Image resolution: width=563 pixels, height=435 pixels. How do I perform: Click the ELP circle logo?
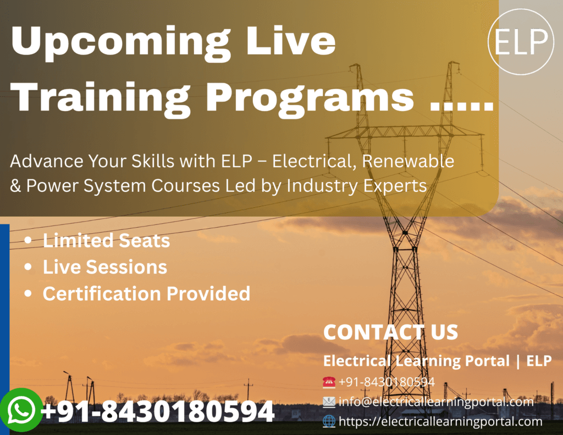coord(520,41)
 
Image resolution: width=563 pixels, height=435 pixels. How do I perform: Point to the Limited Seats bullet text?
coord(106,240)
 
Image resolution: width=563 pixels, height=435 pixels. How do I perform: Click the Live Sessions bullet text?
coord(105,267)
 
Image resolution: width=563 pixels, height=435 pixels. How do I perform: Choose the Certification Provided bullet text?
coord(146,294)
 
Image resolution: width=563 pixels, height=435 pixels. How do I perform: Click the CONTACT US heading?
coord(391,332)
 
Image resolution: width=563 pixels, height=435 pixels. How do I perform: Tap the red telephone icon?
coord(329,382)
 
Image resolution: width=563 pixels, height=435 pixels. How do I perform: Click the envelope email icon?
coord(329,401)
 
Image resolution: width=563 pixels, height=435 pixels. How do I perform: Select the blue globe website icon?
coord(329,421)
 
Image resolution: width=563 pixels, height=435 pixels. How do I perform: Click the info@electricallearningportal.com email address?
coord(436,401)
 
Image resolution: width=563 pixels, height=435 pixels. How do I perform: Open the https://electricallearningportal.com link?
coord(440,421)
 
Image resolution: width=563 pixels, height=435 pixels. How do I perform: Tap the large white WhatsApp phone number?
coord(158,411)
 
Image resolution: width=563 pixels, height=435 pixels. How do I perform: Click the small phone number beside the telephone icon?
coord(387,382)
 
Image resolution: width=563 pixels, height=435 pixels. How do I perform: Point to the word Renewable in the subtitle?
coord(408,161)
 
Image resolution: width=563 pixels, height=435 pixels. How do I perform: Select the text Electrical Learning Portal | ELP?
coord(437,361)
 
